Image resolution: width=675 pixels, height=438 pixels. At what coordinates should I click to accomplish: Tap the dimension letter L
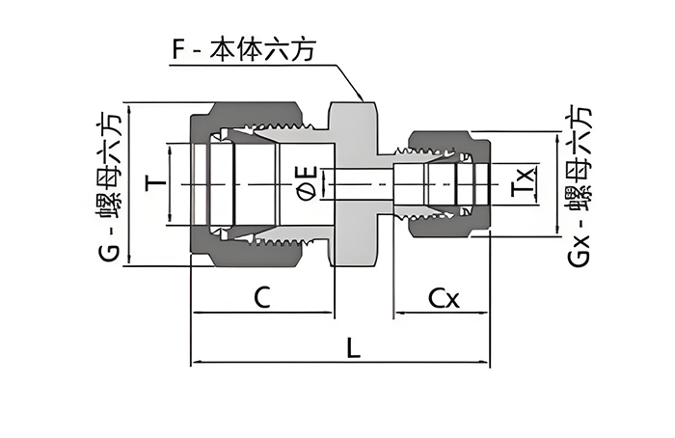(x=354, y=349)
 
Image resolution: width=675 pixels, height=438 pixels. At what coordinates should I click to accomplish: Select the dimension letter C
(x=259, y=298)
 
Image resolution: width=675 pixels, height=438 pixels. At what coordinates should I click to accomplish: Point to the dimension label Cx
(x=444, y=299)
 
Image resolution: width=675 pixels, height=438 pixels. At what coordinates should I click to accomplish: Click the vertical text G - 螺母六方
(x=109, y=183)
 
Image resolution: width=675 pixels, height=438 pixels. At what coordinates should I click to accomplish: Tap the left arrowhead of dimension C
(x=197, y=313)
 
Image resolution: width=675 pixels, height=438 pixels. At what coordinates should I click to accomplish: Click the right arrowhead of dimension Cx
(x=489, y=313)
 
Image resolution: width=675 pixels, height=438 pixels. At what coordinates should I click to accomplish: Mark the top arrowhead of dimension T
(x=170, y=148)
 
